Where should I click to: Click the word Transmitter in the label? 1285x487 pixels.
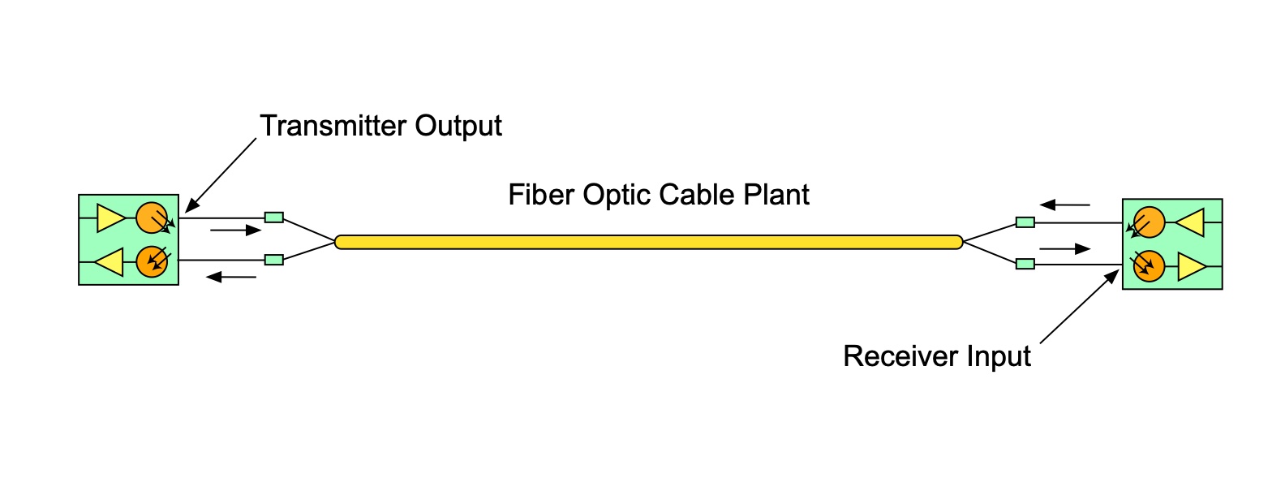pos(333,126)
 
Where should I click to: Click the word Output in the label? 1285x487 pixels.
pos(458,126)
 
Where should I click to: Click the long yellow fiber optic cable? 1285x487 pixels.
pos(649,242)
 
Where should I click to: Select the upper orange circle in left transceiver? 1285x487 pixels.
pos(151,218)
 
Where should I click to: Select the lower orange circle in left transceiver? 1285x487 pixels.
pos(151,261)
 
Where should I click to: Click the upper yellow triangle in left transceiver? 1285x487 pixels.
pos(109,218)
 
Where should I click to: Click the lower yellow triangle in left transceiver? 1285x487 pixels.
pos(111,262)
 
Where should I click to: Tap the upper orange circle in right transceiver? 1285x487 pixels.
pos(1149,222)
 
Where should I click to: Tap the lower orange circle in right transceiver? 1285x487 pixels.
pos(1149,265)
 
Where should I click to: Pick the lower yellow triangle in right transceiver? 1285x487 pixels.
pos(1190,266)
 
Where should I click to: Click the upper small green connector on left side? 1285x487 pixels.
pos(274,217)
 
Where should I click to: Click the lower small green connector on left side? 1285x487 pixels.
pos(274,260)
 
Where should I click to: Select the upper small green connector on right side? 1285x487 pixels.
pos(1025,222)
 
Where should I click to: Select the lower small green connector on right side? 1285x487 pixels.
pos(1025,264)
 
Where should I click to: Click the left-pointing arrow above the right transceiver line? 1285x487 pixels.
pos(1064,205)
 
